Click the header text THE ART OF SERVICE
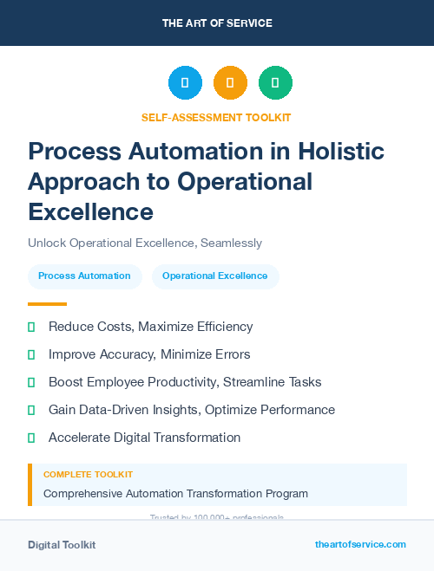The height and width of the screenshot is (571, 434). pyautogui.click(x=217, y=23)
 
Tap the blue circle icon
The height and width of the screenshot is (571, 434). pyautogui.click(x=185, y=83)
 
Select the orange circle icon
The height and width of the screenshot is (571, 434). pyautogui.click(x=230, y=83)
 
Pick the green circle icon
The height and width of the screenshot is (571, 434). pyautogui.click(x=275, y=83)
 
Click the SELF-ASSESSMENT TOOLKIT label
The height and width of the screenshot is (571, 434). pyautogui.click(x=216, y=117)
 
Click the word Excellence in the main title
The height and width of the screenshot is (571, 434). pyautogui.click(x=90, y=211)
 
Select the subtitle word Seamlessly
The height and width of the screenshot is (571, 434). pyautogui.click(x=231, y=243)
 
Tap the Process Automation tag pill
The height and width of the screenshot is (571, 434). pyautogui.click(x=85, y=276)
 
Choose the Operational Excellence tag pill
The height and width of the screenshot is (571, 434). pyautogui.click(x=215, y=276)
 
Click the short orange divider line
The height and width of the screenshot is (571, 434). pyautogui.click(x=47, y=304)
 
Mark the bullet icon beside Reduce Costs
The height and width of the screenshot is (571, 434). pyautogui.click(x=31, y=327)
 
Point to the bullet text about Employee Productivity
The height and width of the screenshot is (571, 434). pyautogui.click(x=185, y=382)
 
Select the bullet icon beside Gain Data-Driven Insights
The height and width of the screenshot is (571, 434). pyautogui.click(x=31, y=410)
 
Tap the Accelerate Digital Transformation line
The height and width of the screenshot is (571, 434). pyautogui.click(x=144, y=438)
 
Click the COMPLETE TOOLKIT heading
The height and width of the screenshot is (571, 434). pyautogui.click(x=89, y=475)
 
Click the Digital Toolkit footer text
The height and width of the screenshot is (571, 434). pyautogui.click(x=62, y=545)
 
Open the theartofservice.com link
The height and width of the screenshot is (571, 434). pyautogui.click(x=360, y=544)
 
